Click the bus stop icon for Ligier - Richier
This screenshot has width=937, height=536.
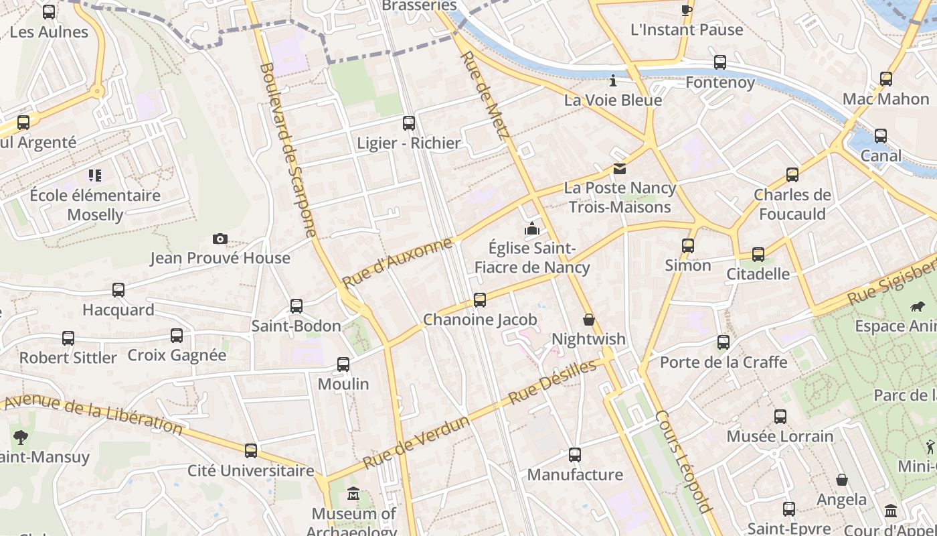[x=409, y=123]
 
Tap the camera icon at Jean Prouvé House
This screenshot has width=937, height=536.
[x=220, y=239]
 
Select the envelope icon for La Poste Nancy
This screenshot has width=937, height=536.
[x=620, y=169]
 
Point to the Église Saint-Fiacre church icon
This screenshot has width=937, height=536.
[x=532, y=229]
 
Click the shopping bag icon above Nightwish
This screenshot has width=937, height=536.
[x=589, y=320]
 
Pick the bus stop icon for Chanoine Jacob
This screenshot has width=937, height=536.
[x=480, y=300]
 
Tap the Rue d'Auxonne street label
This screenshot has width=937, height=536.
[x=397, y=262]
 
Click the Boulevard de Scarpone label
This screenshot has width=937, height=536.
[x=287, y=150]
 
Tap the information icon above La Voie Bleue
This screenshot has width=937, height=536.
[x=613, y=81]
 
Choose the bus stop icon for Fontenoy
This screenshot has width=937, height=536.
[x=720, y=62]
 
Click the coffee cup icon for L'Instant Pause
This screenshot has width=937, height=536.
[x=687, y=9]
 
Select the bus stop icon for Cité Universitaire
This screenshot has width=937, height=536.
[x=251, y=451]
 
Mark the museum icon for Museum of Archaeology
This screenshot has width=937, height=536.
[x=353, y=495]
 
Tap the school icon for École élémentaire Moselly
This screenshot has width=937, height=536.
[x=94, y=176]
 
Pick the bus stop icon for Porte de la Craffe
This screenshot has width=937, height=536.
[x=723, y=342]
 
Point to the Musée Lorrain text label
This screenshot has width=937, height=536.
[x=780, y=436]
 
